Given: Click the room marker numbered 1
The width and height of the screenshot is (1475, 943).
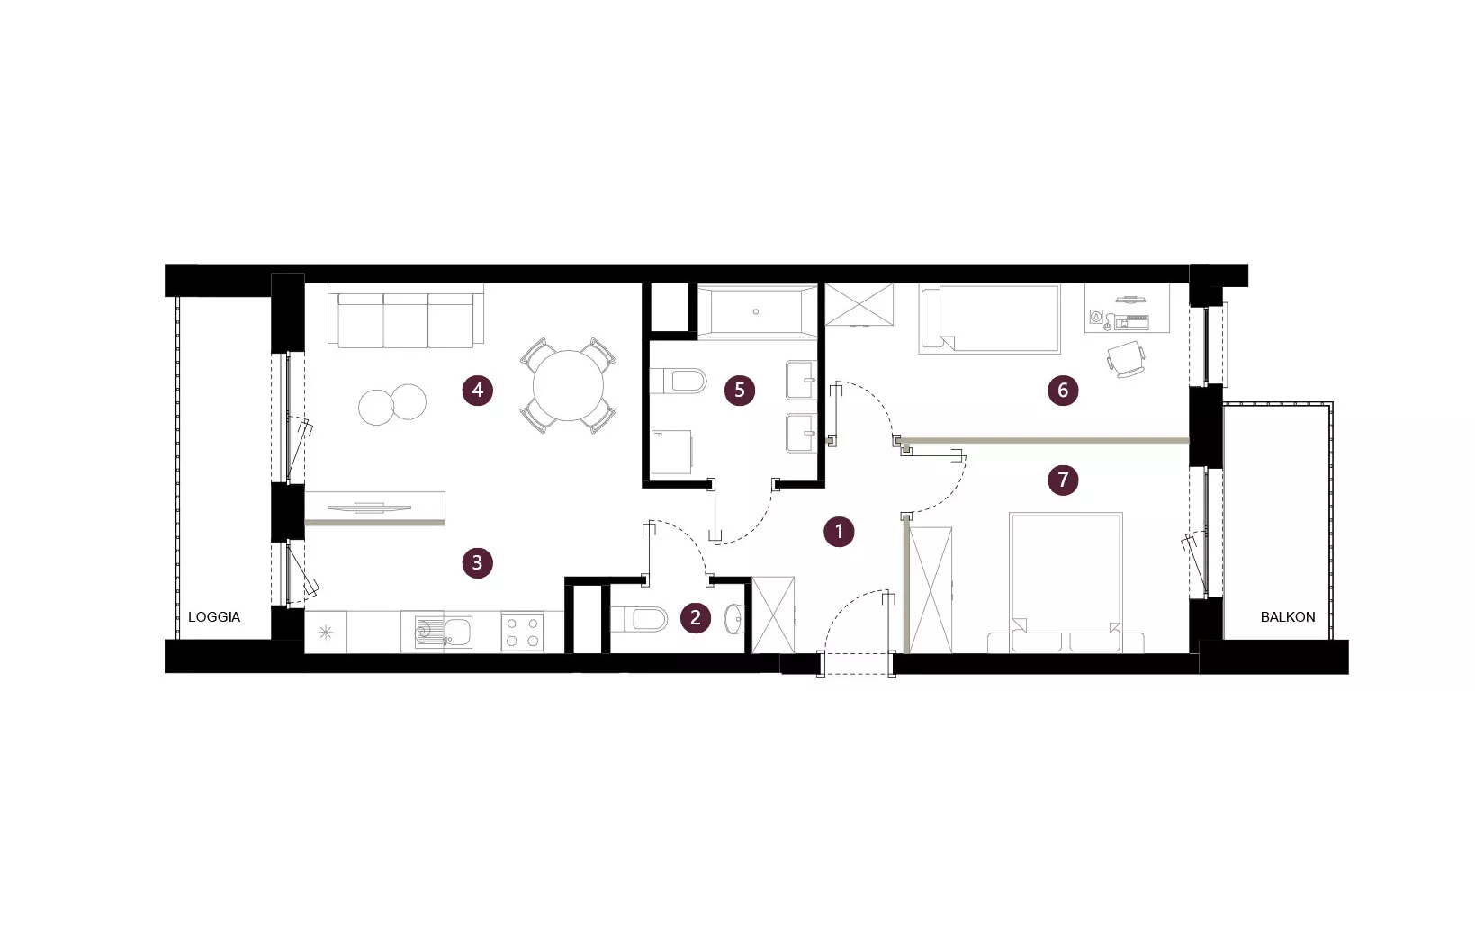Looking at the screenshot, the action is coord(839,532).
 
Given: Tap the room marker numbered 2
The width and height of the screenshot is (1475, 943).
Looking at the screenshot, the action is coord(696,617).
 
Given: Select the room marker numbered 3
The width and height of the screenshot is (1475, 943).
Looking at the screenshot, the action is coord(477,563).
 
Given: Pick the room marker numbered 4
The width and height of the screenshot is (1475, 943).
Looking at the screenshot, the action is coord(477,391).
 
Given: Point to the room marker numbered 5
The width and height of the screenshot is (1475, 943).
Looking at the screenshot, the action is coord(740,391).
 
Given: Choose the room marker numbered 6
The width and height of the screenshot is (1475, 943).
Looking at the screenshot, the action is coord(1063,391).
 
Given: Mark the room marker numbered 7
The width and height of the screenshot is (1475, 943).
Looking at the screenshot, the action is coord(1063,480).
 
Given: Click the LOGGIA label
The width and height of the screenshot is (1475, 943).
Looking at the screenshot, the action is coord(214,617).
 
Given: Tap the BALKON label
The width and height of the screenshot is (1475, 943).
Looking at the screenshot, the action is coord(1287,617).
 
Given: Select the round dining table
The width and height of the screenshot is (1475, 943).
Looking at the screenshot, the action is coord(568,385).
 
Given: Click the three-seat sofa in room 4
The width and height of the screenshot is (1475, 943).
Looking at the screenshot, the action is coord(406,315).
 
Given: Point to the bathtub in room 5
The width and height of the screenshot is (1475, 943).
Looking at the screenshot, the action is coord(757,310).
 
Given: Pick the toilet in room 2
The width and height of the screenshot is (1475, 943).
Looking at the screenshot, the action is coord(638,619).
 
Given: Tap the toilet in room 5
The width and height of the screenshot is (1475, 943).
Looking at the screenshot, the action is coord(679,381).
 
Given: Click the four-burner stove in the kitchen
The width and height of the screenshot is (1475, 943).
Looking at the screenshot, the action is coord(522,633).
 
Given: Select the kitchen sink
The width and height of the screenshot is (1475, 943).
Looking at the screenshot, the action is coord(443,633).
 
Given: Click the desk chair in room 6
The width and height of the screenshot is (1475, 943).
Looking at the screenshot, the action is coord(1126,360).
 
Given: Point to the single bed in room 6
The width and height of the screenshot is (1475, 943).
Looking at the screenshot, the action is coord(990,319).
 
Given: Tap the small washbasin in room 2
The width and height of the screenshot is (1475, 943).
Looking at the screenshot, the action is coord(734,619).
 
